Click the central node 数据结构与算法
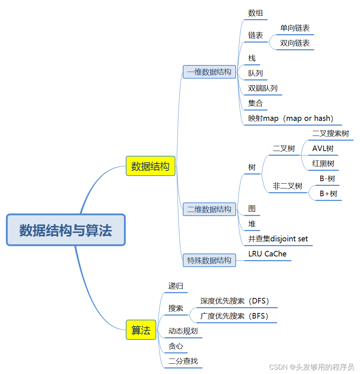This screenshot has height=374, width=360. click(x=66, y=230)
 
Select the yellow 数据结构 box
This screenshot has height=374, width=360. click(x=150, y=166)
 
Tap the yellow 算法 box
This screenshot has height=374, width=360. click(x=141, y=330)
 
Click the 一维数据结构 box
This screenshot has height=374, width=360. click(x=209, y=72)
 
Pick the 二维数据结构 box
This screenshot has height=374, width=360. click(x=209, y=209)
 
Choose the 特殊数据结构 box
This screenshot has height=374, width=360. click(x=209, y=260)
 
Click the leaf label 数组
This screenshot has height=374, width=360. click(x=256, y=13)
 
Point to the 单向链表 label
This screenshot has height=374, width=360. click(x=295, y=28)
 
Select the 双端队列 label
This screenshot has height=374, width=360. click(x=263, y=88)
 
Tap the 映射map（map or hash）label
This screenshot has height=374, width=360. click(x=291, y=118)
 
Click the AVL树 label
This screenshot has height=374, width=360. click(x=323, y=148)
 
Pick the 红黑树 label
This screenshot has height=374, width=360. click(x=323, y=163)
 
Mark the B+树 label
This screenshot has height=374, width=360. click(x=328, y=194)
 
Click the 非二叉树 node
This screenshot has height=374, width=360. click(x=288, y=186)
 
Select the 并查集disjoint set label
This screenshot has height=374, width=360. click(x=278, y=239)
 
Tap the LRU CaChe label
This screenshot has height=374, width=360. click(x=267, y=254)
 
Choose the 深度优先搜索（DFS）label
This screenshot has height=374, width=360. click(x=235, y=301)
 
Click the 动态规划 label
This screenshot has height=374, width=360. click(x=183, y=331)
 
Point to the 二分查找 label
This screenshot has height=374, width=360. click(x=183, y=361)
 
